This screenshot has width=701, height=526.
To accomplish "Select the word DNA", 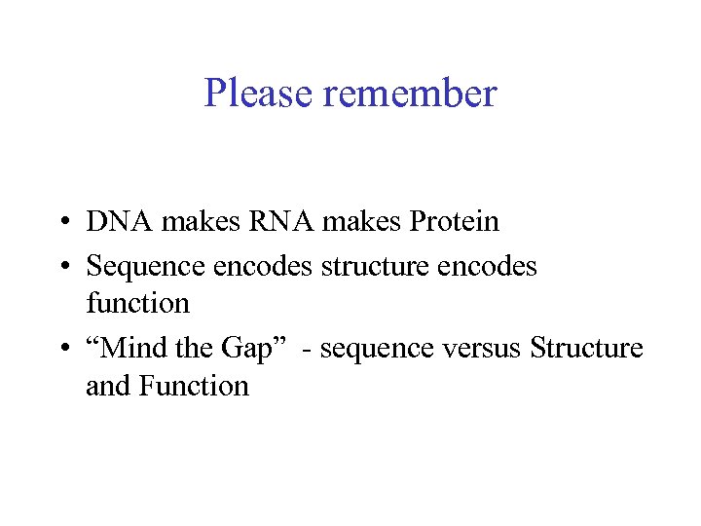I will point(120,221).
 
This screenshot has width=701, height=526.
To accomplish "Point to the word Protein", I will point(454,221).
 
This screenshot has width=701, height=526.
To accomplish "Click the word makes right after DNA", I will point(200,221).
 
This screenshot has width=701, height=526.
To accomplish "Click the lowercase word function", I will point(137,304).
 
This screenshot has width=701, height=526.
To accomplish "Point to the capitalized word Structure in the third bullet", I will point(586,348).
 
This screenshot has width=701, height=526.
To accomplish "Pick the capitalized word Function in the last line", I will point(194,387).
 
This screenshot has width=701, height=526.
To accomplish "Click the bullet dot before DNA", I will point(61,223).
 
